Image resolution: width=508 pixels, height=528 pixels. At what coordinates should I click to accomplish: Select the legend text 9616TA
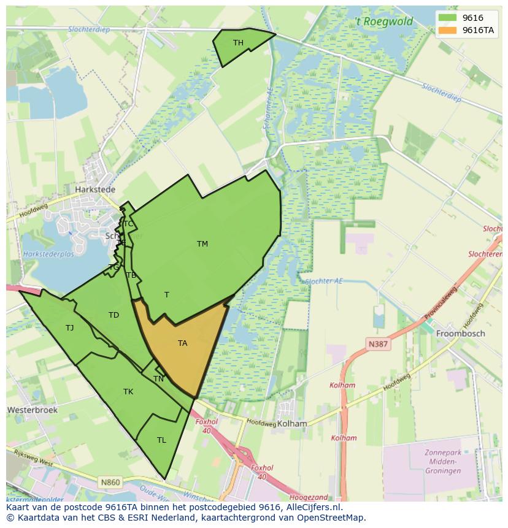(479, 30)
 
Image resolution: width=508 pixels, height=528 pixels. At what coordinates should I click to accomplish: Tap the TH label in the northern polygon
(238, 42)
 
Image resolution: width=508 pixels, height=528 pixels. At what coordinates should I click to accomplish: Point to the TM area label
(202, 243)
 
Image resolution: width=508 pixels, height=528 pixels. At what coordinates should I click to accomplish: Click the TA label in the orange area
(182, 343)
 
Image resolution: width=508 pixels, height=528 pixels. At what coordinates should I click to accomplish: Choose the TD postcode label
(114, 315)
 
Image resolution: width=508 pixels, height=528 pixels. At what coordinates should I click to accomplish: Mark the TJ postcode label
(69, 327)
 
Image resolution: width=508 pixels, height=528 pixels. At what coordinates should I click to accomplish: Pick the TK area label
(128, 391)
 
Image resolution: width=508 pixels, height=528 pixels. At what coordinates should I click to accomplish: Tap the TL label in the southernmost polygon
(161, 440)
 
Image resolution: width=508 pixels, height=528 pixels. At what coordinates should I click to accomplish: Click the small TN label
(158, 378)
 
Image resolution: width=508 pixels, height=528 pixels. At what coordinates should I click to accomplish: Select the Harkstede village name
(95, 189)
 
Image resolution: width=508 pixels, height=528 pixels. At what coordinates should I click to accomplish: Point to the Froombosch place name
(460, 334)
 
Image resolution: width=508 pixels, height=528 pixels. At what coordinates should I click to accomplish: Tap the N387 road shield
(378, 344)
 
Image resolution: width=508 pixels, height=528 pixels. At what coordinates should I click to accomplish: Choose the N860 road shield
(110, 482)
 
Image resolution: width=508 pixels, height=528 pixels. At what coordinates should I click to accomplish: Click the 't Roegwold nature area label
(385, 22)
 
